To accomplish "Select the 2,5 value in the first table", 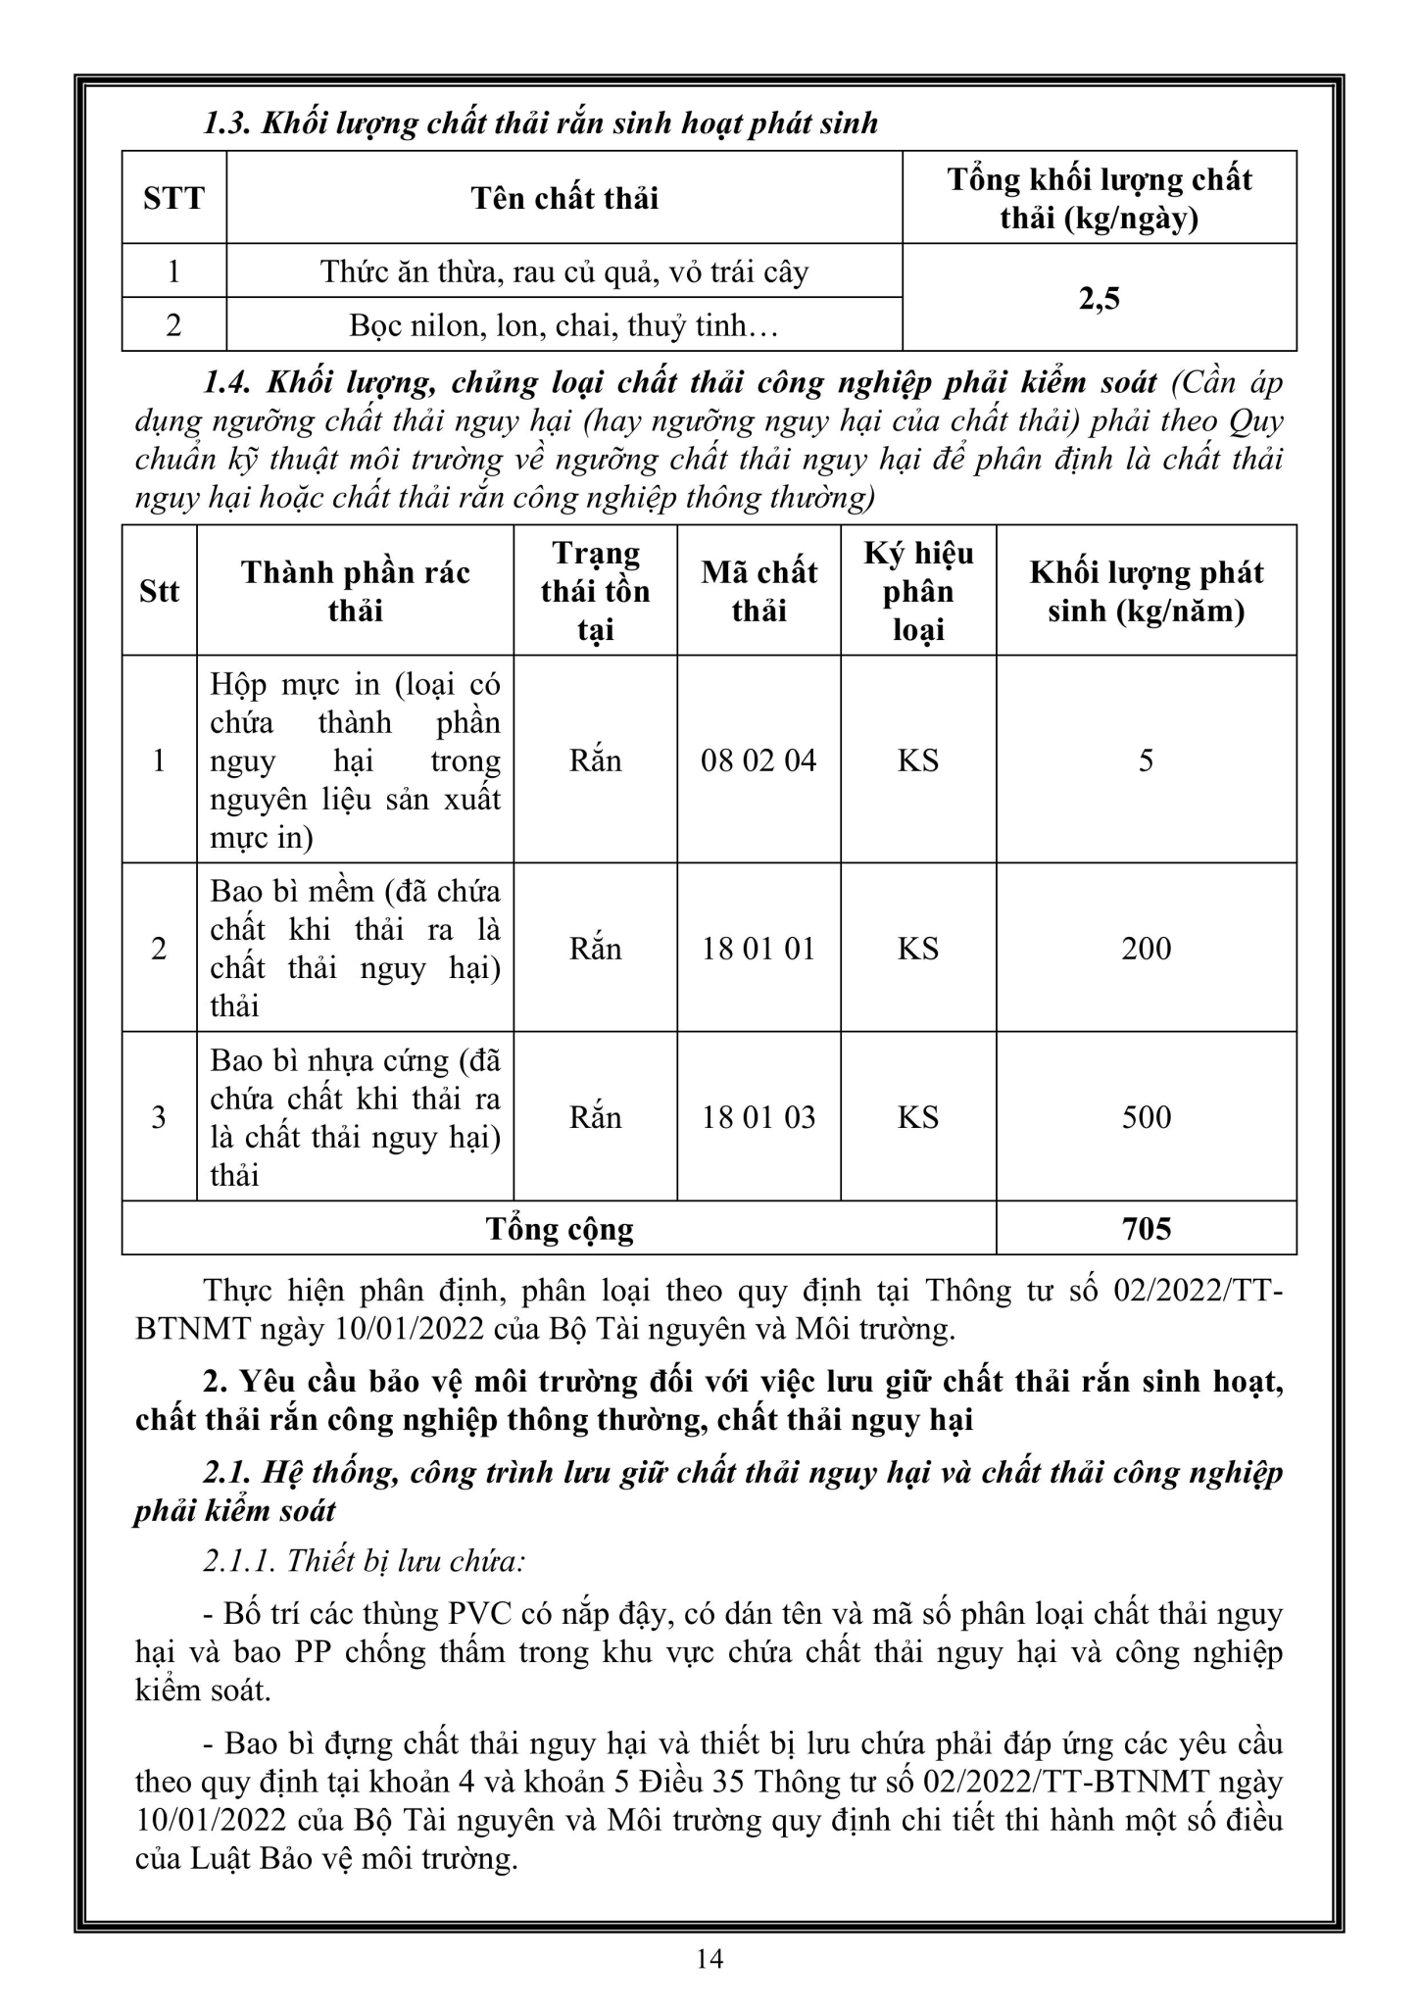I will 1099,298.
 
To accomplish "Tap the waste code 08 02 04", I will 758,760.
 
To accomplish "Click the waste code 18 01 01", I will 758,949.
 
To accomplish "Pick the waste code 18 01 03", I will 758,1117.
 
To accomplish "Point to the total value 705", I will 1146,1229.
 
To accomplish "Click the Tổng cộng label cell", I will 560,1229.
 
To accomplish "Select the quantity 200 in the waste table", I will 1146,949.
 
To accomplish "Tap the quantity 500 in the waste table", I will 1146,1117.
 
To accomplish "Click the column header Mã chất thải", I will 758,591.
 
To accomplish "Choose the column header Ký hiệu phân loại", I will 918,591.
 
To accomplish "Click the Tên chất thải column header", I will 564,198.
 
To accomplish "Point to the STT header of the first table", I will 173,198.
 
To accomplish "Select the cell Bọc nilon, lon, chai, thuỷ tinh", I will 564,325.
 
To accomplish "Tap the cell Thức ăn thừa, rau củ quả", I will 564,271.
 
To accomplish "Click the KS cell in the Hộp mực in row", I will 918,760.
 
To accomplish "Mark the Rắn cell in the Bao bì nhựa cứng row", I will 595,1117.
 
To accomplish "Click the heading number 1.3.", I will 227,123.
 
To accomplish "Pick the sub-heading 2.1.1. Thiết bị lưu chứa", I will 365,1560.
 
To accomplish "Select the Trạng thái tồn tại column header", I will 595,591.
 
